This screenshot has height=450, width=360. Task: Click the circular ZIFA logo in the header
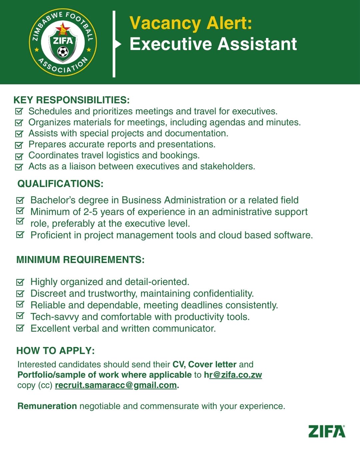[63, 42]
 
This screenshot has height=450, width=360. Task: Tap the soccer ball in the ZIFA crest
[63, 52]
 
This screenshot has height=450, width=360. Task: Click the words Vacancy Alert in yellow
[191, 23]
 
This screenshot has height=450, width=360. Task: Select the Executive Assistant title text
[213, 44]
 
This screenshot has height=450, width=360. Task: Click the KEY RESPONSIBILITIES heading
[71, 100]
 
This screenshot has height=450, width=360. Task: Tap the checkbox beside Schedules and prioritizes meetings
[19, 111]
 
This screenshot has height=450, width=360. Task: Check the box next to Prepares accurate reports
[19, 145]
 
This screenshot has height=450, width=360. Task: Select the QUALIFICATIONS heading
[60, 184]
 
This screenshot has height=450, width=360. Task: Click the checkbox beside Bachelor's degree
[20, 200]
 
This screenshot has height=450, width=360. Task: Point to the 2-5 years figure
[91, 212]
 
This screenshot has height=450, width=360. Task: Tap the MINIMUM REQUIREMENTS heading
[80, 260]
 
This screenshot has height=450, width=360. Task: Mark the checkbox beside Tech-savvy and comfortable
[20, 315]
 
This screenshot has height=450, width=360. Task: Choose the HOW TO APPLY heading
[55, 351]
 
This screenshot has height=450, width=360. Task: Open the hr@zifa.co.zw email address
[233, 375]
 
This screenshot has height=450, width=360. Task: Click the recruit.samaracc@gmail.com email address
[116, 385]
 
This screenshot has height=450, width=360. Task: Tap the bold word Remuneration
[47, 406]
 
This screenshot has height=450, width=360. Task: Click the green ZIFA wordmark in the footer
[327, 431]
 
